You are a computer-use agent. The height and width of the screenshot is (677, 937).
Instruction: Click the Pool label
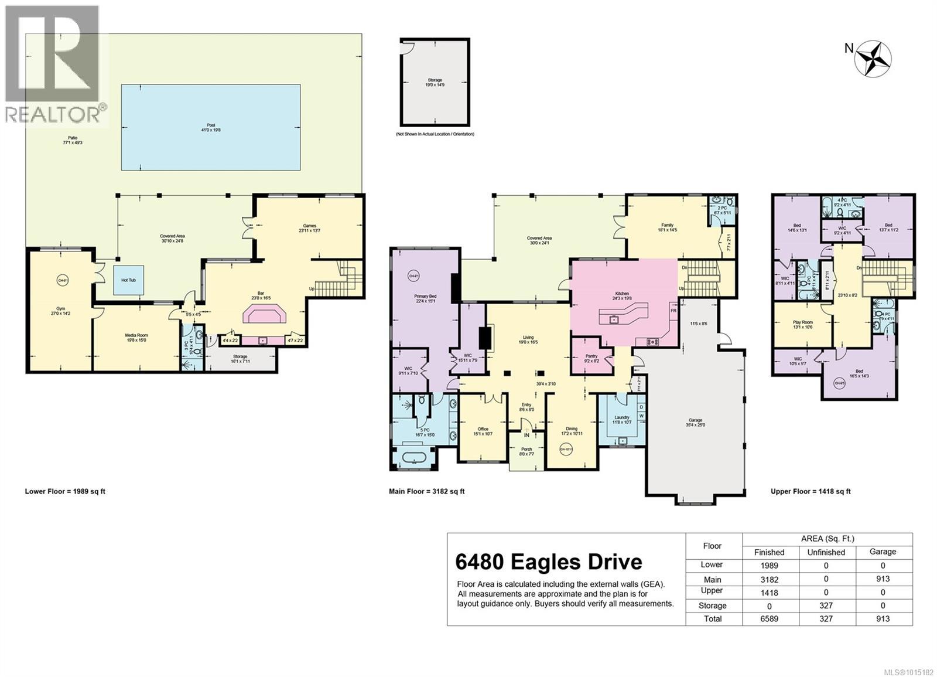[x=211, y=128]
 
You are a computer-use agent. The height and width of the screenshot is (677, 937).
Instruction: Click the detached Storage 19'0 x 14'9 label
[x=435, y=82]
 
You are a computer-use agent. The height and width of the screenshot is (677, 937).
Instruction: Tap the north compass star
[x=873, y=59]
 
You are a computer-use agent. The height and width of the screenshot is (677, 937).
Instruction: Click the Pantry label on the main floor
[x=591, y=358]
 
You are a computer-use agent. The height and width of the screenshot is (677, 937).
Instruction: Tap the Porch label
[x=526, y=451]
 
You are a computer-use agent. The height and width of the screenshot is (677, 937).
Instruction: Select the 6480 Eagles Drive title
[x=549, y=562]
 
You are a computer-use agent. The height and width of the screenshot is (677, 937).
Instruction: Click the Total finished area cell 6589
[x=769, y=618]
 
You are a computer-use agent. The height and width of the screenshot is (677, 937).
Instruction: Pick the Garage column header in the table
[x=882, y=552]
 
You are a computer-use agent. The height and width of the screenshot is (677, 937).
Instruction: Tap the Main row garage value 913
[x=882, y=579]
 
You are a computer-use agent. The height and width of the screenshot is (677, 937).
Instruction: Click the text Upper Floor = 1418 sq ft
[x=811, y=492]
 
